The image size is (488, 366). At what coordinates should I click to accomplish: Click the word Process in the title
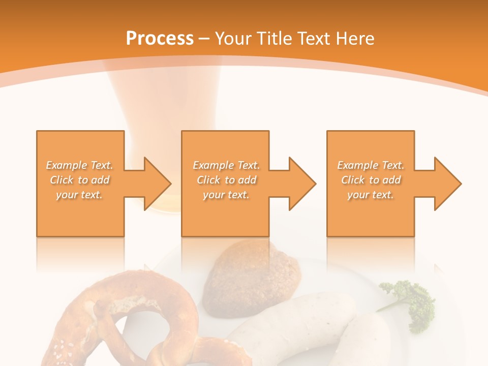click(160, 38)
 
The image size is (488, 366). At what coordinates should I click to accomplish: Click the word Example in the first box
click(67, 165)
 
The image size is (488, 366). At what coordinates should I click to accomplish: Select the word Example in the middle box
click(213, 165)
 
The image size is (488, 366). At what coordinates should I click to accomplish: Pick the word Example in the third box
click(357, 165)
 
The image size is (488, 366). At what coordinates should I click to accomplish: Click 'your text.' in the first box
click(79, 195)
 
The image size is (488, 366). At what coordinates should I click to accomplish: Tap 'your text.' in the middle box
click(226, 195)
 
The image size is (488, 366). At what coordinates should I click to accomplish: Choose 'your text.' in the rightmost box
click(371, 195)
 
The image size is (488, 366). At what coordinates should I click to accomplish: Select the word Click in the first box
click(62, 180)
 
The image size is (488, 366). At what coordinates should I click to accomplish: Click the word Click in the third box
click(353, 180)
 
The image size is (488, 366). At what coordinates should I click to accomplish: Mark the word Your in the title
click(232, 38)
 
